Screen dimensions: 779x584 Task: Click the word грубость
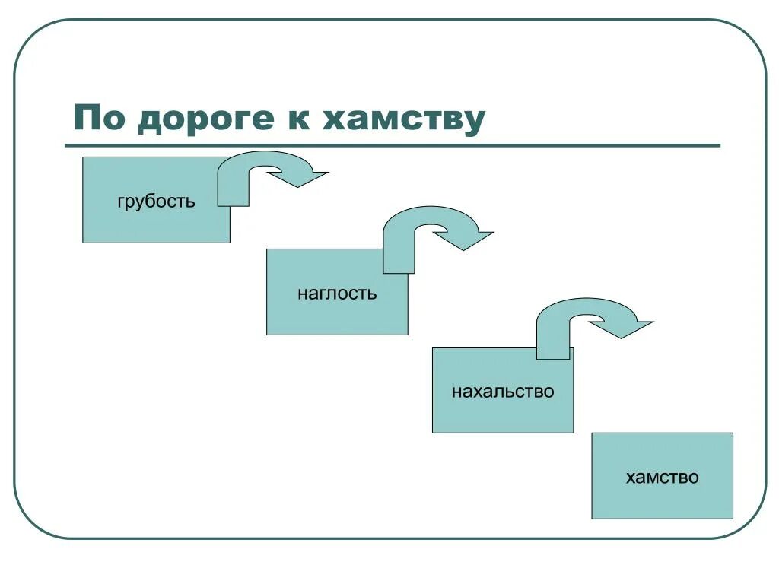(156, 202)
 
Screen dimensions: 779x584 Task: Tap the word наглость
(337, 294)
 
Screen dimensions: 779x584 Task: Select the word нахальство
(503, 392)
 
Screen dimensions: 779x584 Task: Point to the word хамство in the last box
(662, 478)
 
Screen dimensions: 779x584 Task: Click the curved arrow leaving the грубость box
(259, 163)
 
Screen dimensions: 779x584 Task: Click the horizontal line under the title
(392, 145)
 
